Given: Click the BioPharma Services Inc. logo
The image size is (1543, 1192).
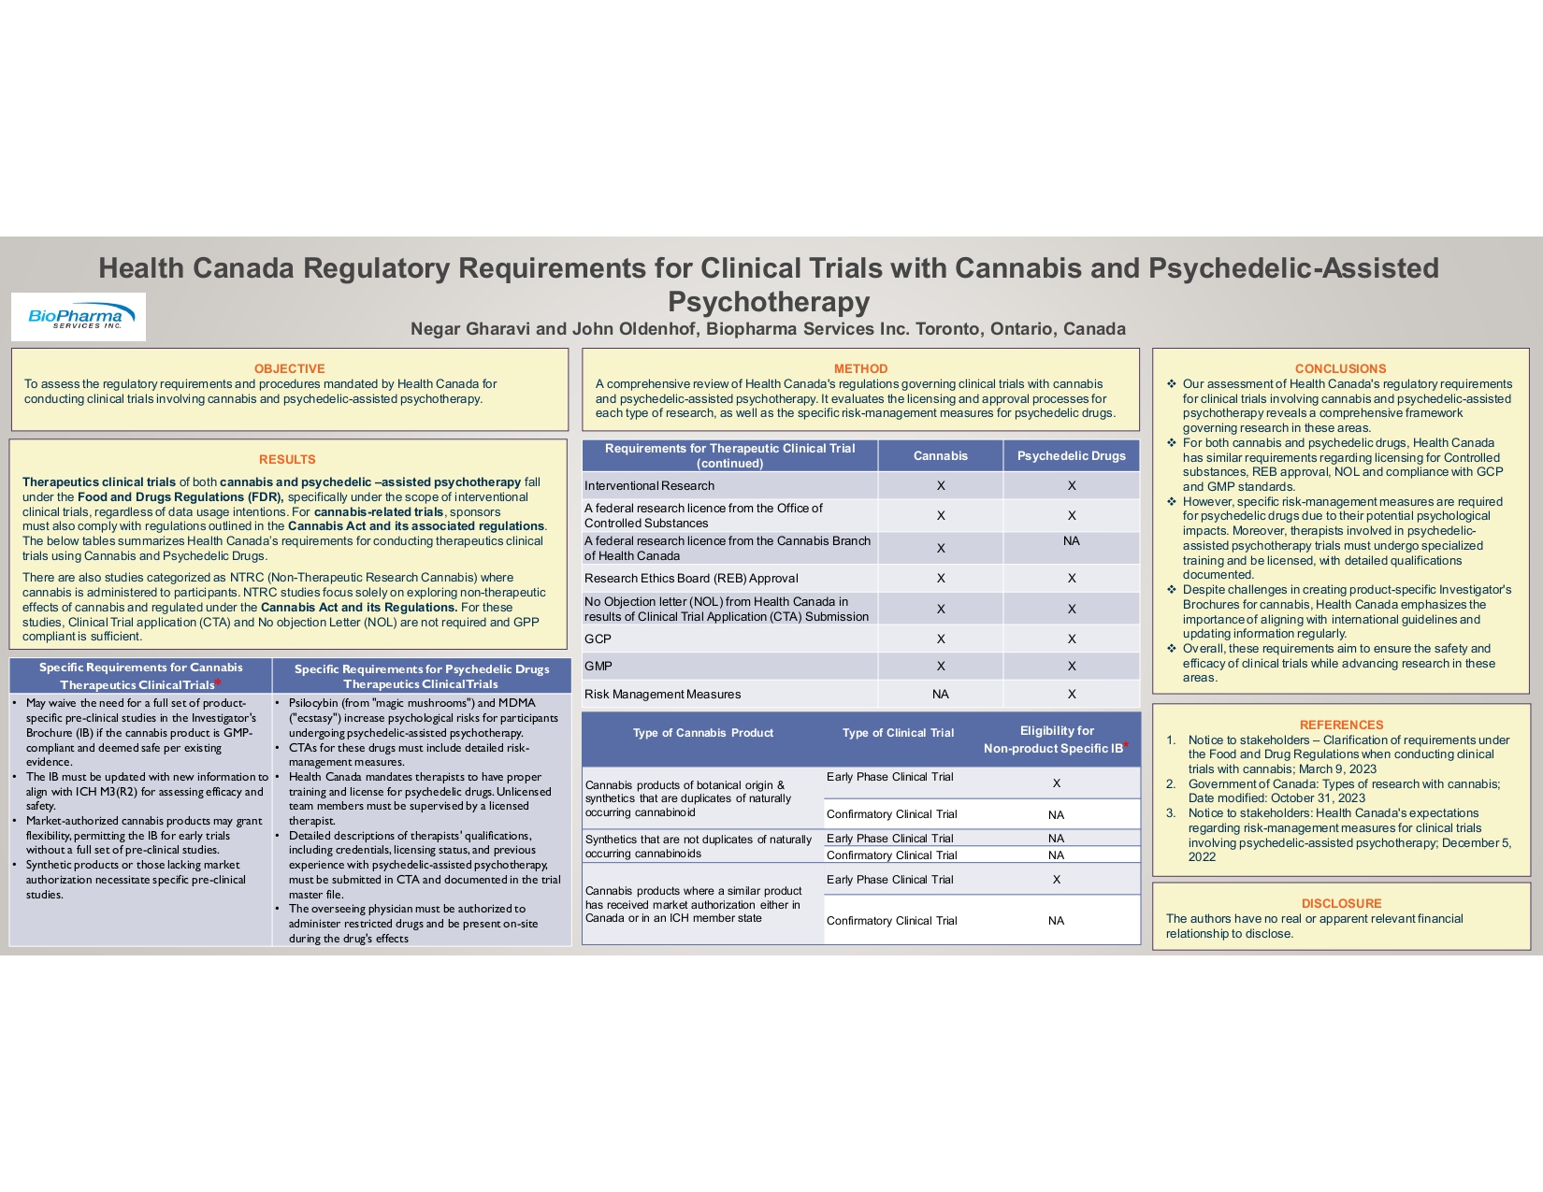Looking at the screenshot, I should (x=78, y=317).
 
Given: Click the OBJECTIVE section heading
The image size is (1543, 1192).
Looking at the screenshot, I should (x=289, y=368).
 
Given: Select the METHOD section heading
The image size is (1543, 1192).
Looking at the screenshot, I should (x=860, y=368).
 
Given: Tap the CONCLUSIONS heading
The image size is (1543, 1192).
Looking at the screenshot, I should (x=1340, y=368).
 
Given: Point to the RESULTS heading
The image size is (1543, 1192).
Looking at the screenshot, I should (x=287, y=459).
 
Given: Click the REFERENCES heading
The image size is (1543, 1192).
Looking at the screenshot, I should (x=1341, y=725).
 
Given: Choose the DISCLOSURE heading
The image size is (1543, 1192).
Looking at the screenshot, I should (x=1341, y=903).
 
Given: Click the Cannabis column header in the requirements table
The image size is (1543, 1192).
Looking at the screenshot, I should (x=940, y=455).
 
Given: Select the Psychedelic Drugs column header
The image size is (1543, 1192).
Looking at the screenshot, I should (x=1071, y=455).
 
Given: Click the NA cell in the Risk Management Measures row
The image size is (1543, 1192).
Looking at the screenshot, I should (x=940, y=694).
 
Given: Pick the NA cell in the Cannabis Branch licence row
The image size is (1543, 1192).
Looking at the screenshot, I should (x=1071, y=541).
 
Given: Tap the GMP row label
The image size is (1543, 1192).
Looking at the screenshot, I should (x=598, y=666).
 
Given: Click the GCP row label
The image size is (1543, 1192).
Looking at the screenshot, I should (x=598, y=639).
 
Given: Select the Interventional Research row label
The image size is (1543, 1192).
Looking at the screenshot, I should (x=649, y=485).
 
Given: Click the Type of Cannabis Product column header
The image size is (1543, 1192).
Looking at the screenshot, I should (x=702, y=733).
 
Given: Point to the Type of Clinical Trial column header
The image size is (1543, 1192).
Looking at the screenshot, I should (x=898, y=733).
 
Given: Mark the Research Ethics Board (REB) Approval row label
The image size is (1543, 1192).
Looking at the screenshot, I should (x=691, y=578).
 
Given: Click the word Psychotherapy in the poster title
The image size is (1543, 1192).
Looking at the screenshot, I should (x=769, y=301).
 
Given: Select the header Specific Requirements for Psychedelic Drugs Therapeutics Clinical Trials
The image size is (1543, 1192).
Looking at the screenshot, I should (x=422, y=676).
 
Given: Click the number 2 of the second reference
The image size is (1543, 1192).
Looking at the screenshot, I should (x=1171, y=783).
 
